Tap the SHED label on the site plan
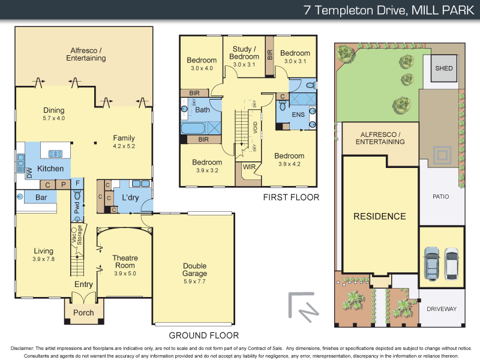(443, 68)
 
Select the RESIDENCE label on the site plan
(379, 216)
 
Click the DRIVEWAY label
(442, 309)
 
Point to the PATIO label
(441, 196)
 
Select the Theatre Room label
(125, 262)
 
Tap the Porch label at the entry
(83, 313)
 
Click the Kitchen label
(50, 169)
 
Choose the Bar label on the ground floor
(41, 197)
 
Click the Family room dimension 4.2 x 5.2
(124, 145)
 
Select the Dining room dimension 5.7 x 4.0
(54, 118)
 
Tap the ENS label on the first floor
(298, 113)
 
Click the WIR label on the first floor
(250, 166)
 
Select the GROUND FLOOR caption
(204, 335)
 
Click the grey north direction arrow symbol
(302, 306)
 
